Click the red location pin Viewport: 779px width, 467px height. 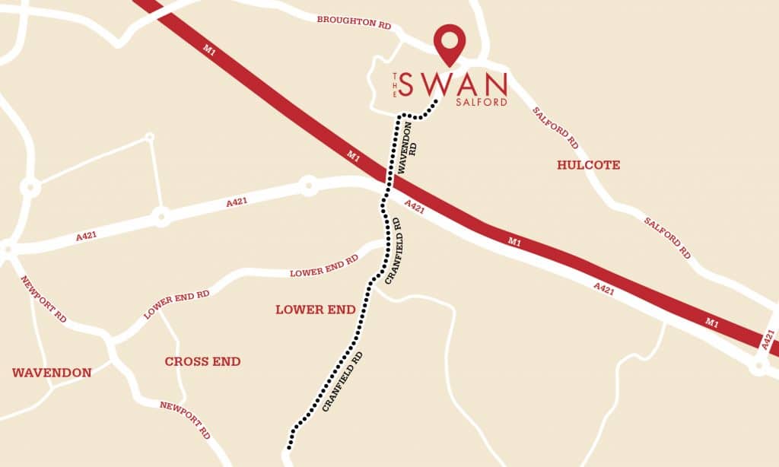[449, 43]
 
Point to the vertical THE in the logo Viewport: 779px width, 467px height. [395, 84]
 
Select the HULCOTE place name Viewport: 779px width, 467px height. [588, 165]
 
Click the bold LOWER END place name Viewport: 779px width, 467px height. [315, 310]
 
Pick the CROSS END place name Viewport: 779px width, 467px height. [202, 361]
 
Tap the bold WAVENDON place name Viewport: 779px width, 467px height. [52, 373]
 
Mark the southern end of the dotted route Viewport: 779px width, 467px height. [289, 446]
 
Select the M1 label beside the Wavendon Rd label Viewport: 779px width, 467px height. [353, 156]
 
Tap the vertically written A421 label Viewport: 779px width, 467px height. [768, 338]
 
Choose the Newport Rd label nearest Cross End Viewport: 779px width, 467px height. [185, 419]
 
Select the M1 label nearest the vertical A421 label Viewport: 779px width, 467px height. [712, 323]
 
